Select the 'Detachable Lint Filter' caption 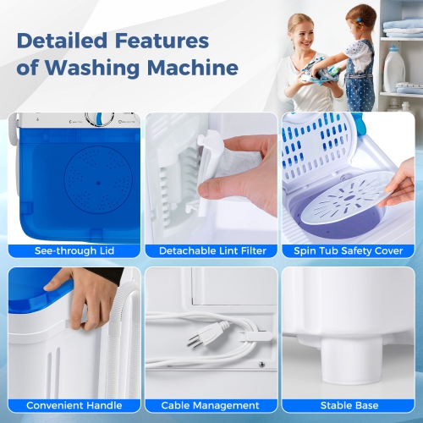click(x=212, y=250)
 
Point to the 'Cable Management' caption click(x=212, y=405)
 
